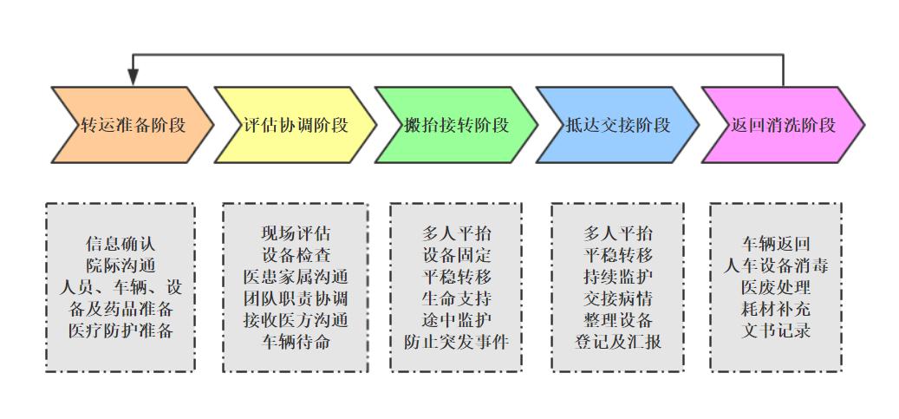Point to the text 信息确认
point(121,245)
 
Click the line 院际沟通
point(121,265)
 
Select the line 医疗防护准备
point(121,331)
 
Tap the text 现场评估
point(296,233)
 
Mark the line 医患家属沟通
point(296,277)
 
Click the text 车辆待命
point(296,341)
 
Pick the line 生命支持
point(456,298)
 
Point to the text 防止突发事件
point(456,341)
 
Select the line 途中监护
point(456,320)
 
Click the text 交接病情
point(618,298)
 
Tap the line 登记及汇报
point(618,341)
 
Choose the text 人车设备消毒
point(776,265)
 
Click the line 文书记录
point(776,331)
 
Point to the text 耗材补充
point(776,309)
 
